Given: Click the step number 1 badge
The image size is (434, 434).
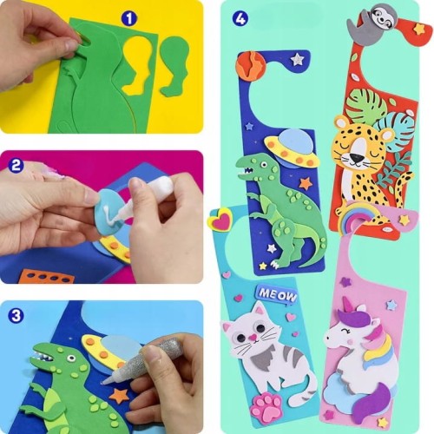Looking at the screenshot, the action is click(x=129, y=18).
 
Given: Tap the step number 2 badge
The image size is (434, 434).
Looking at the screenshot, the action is click(x=16, y=166).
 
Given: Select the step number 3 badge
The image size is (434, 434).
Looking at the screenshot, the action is click(x=16, y=315).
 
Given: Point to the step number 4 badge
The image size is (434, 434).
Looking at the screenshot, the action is click(x=240, y=18).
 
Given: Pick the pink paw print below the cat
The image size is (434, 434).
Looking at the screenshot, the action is click(x=267, y=406).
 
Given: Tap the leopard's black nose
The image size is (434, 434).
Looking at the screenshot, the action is click(x=356, y=158).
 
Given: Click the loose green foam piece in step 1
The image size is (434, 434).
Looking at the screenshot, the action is click(x=174, y=66).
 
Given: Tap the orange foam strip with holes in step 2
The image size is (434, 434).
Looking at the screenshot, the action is click(x=47, y=276).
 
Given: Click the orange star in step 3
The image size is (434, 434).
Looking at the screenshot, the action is click(x=120, y=395).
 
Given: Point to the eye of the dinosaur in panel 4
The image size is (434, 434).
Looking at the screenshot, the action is click(x=264, y=165).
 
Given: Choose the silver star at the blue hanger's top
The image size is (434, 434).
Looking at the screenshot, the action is click(x=297, y=59).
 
